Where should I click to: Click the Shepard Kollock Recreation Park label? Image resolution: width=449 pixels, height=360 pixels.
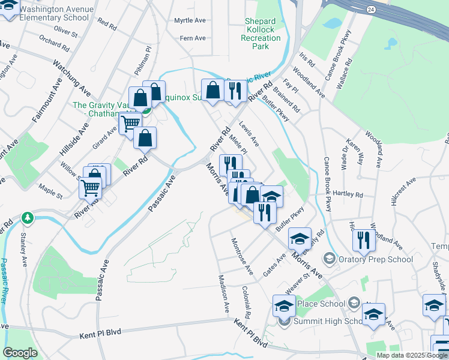point(261,34)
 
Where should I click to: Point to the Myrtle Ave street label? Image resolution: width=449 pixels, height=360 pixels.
point(190,20)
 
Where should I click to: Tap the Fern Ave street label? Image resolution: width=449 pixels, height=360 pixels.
point(193,38)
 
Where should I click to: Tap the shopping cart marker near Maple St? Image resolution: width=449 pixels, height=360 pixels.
point(91,188)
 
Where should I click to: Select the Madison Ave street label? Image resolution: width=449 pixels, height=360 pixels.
point(224,293)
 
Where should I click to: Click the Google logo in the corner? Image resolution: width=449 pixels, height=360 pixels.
point(20,353)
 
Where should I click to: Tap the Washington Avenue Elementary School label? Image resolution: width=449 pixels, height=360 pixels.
point(56,13)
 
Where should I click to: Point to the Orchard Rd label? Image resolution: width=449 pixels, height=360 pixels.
point(54,43)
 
